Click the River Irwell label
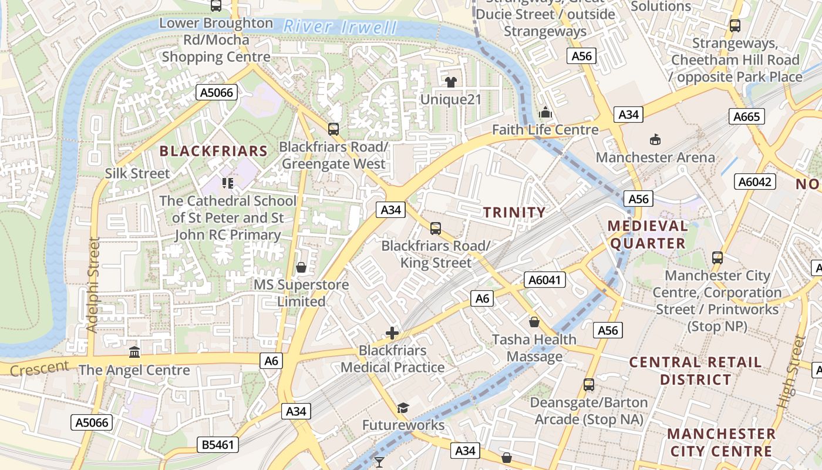pyautogui.click(x=340, y=26)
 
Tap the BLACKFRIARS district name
pyautogui.click(x=214, y=151)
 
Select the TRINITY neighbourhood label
pyautogui.click(x=514, y=212)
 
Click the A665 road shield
pyautogui.click(x=747, y=116)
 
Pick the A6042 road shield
pyautogui.click(x=755, y=182)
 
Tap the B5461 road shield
pyautogui.click(x=218, y=445)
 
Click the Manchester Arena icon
pyautogui.click(x=655, y=139)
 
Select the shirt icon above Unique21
pyautogui.click(x=450, y=82)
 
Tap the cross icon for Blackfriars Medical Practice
pyautogui.click(x=392, y=333)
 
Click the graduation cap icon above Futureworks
pyautogui.click(x=403, y=408)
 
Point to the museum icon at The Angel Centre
pyautogui.click(x=134, y=352)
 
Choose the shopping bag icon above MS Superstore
pyautogui.click(x=301, y=267)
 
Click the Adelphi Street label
pyautogui.click(x=93, y=285)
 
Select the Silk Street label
pyautogui.click(x=137, y=173)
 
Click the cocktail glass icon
pyautogui.click(x=379, y=462)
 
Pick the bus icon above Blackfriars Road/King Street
pyautogui.click(x=435, y=228)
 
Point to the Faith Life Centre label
pyautogui.click(x=545, y=130)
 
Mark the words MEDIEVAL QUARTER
pyautogui.click(x=648, y=234)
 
